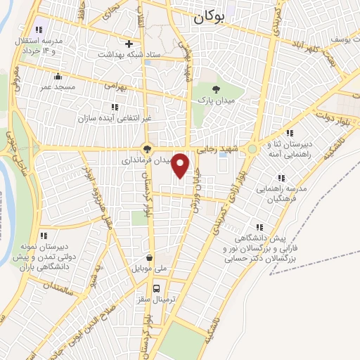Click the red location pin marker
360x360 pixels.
pos(181,165)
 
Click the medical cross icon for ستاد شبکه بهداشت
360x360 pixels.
pos(129,43)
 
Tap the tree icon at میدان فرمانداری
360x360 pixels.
pos(147,148)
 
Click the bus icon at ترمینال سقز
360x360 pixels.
pos(157,288)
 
